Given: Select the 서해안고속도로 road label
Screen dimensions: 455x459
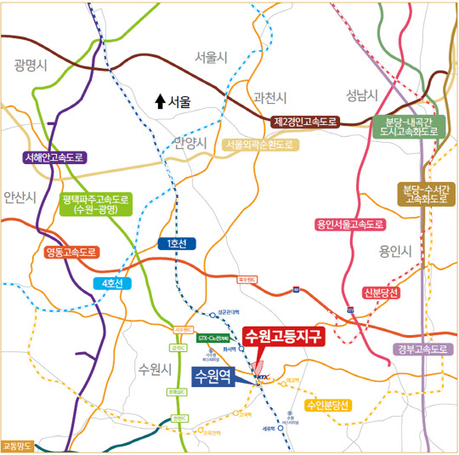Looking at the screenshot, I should click(x=55, y=157).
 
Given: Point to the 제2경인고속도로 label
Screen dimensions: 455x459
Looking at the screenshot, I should click(x=305, y=122).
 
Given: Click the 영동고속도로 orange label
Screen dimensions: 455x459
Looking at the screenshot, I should click(x=72, y=253).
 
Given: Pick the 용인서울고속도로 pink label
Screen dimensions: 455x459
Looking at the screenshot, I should click(x=350, y=225).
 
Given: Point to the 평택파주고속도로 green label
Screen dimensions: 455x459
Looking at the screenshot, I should click(x=95, y=205).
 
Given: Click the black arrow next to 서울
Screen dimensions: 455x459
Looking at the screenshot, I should click(x=158, y=101).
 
